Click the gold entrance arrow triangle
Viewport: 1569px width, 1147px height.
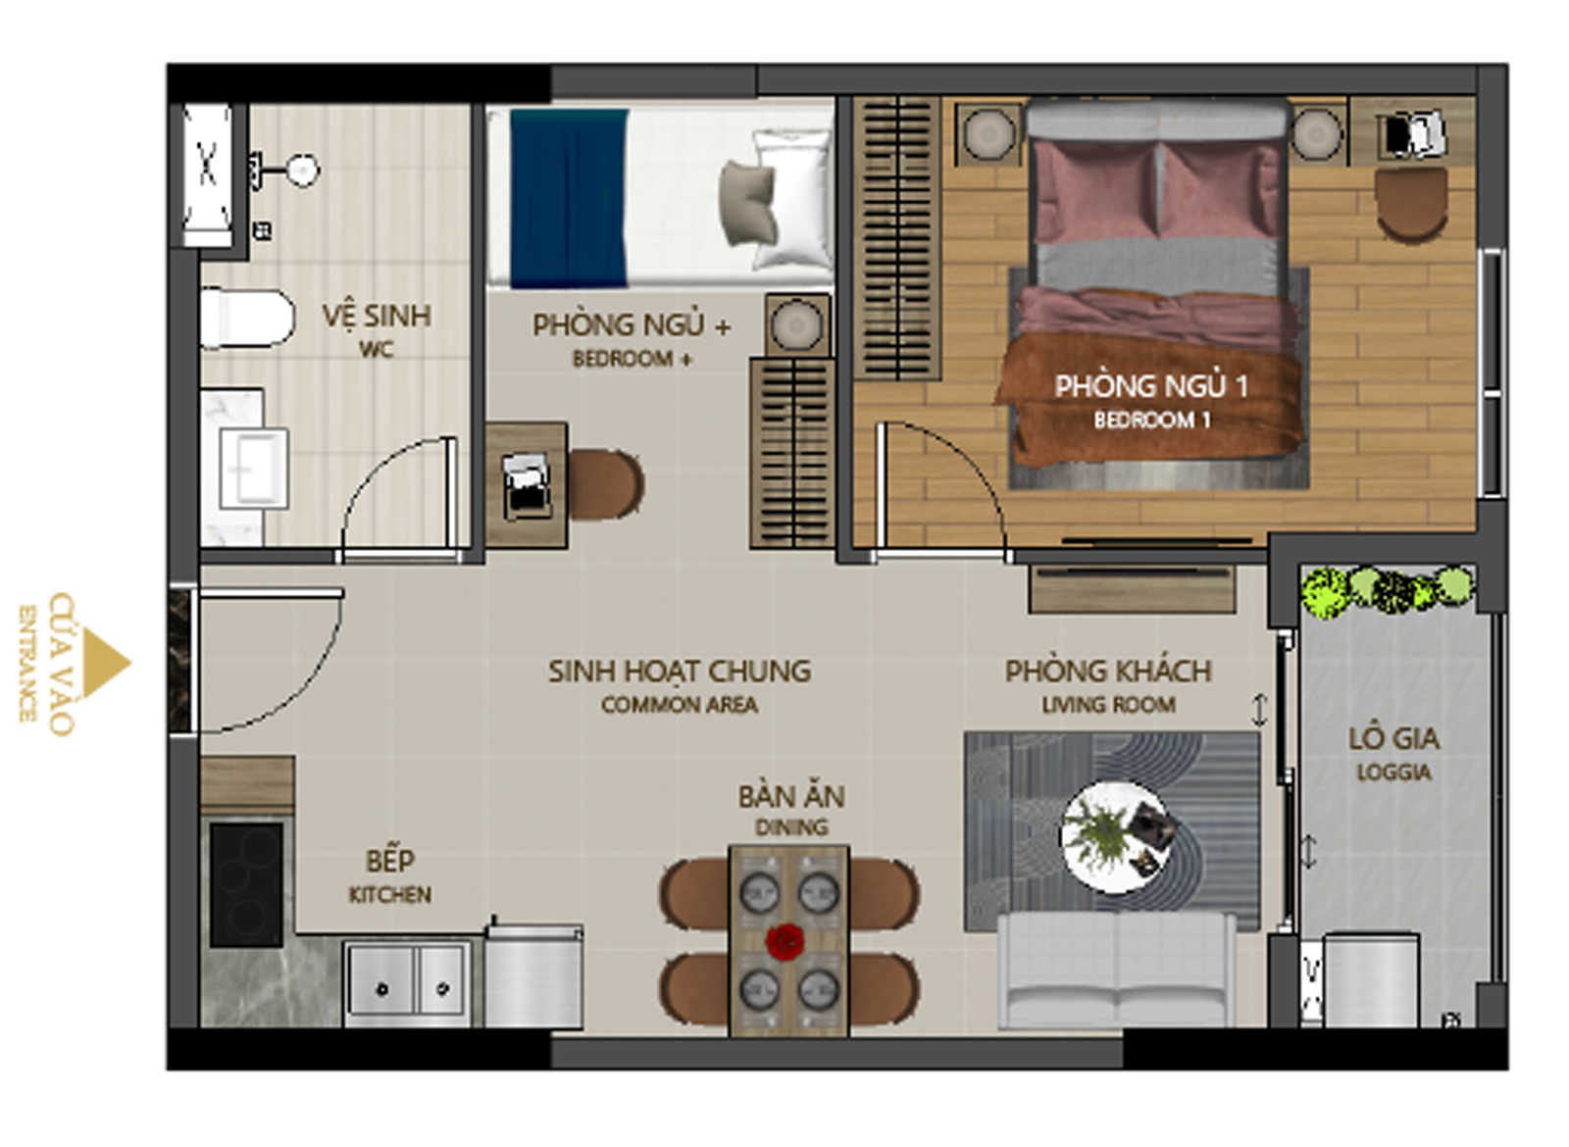click(104, 663)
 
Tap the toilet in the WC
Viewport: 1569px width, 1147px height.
click(246, 318)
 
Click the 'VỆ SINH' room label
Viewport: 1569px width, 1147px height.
click(377, 315)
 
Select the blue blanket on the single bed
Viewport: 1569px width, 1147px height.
click(569, 198)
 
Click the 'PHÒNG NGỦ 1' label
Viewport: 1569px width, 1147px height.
click(1151, 386)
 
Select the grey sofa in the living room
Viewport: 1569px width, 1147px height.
click(1117, 971)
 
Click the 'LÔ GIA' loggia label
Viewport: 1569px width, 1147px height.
click(1393, 739)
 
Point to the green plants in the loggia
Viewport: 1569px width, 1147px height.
click(1388, 591)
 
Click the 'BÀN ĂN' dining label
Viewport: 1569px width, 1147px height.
click(790, 796)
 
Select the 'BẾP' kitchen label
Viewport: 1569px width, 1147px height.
click(390, 861)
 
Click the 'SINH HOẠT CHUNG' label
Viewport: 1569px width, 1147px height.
click(680, 671)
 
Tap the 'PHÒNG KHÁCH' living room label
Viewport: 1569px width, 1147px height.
click(1109, 671)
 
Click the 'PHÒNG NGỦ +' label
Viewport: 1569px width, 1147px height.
click(632, 324)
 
